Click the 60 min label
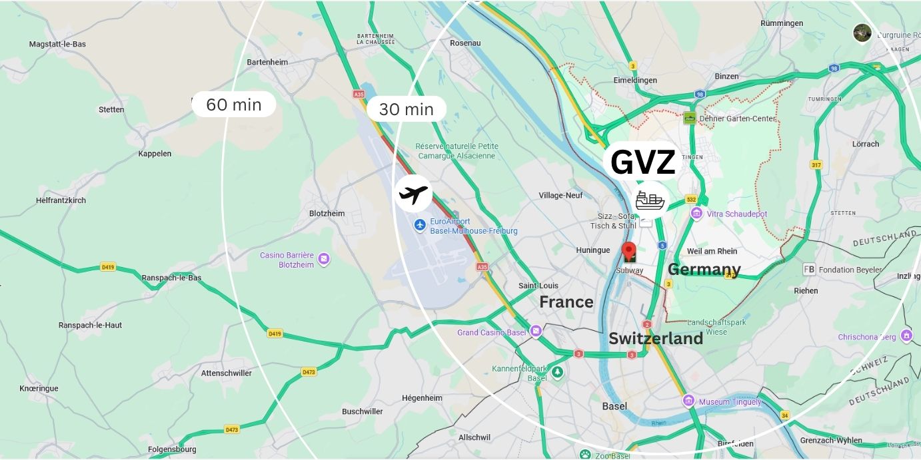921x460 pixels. click(233, 105)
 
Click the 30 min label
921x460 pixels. click(406, 109)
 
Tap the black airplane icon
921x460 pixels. click(413, 194)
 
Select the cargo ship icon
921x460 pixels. click(650, 200)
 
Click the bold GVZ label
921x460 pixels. click(642, 162)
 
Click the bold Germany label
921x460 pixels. click(704, 270)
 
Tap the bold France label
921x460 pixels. click(566, 302)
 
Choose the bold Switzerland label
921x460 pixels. click(655, 338)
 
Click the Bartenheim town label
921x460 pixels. click(267, 62)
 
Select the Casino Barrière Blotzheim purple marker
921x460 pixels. click(324, 259)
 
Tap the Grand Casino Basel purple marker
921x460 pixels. click(536, 332)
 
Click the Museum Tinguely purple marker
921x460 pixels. click(688, 401)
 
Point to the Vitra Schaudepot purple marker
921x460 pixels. click(696, 213)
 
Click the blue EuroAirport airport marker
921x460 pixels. click(420, 225)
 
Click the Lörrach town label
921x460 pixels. click(865, 144)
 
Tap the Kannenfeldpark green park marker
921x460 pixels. click(557, 372)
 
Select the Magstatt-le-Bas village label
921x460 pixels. click(57, 44)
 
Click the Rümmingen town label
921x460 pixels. click(782, 23)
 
